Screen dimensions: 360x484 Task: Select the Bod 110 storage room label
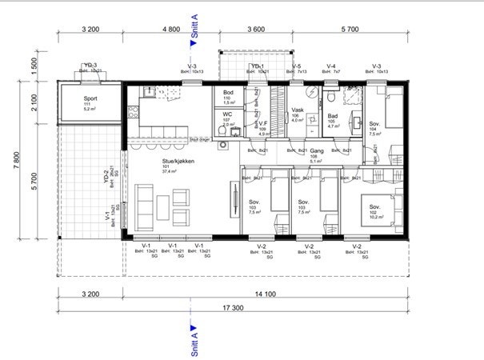click(x=228, y=93)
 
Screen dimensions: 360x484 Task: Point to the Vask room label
click(x=297, y=111)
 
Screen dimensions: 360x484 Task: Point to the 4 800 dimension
click(x=170, y=29)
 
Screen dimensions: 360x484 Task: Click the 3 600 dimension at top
click(x=254, y=29)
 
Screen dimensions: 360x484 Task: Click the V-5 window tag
click(x=296, y=66)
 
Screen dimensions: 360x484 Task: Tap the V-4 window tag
click(x=330, y=66)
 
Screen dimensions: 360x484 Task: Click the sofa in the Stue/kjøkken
click(x=144, y=204)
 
